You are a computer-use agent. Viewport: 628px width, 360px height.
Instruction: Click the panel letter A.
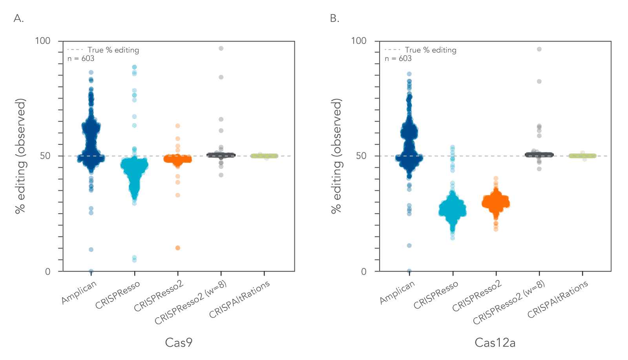[x=18, y=18]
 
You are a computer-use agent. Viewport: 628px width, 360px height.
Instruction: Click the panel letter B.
[x=334, y=18]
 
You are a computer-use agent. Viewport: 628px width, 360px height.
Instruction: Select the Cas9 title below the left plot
[x=179, y=342]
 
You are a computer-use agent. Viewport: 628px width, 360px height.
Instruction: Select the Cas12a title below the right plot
[x=495, y=342]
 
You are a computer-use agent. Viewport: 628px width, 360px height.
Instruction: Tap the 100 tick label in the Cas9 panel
[x=43, y=41]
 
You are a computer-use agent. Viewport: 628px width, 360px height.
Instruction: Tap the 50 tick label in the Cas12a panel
[x=361, y=155]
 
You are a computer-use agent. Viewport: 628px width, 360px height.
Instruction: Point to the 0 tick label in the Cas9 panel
[x=47, y=271]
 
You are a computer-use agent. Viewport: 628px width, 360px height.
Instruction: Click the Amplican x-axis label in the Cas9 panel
[x=79, y=293]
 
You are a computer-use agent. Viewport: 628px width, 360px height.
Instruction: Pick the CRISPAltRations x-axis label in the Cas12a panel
[x=557, y=299]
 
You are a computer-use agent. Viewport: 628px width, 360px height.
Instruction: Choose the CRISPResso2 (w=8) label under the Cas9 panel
[x=191, y=303]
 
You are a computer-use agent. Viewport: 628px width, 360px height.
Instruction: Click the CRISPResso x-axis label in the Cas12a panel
[x=436, y=295]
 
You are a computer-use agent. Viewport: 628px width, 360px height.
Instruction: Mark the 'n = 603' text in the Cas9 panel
[x=81, y=58]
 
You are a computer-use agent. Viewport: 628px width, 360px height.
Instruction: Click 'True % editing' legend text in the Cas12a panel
[x=431, y=50]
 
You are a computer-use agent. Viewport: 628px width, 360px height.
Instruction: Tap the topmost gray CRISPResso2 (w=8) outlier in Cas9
[x=221, y=48]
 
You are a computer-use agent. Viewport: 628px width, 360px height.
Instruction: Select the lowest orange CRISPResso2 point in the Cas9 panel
[x=178, y=248]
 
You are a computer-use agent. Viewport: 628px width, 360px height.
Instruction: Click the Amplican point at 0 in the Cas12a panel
[x=409, y=271]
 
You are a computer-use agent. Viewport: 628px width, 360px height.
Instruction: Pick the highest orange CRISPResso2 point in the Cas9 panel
[x=178, y=126]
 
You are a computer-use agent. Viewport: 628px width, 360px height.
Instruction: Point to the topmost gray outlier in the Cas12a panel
[x=539, y=49]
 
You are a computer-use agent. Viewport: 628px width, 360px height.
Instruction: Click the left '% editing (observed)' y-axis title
[x=20, y=156]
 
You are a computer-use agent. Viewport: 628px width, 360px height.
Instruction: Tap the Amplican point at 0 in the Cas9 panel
[x=91, y=271]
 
